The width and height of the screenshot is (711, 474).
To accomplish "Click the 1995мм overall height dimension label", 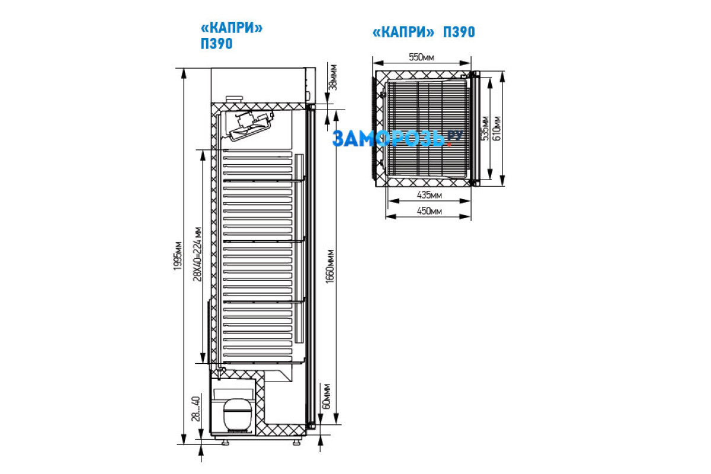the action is point(178,256).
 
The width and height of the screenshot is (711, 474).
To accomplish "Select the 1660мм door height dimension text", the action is point(330,267).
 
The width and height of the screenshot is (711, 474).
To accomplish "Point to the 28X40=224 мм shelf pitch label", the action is point(197,254).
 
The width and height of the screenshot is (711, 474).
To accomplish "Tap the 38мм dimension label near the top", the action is point(333,78).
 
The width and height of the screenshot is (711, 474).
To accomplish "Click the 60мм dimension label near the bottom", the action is point(326,397).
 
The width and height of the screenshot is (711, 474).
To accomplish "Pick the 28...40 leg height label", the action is point(196,409).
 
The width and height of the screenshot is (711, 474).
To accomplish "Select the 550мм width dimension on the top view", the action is point(421,57).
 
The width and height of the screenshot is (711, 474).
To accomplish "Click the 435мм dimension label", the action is point(429,195).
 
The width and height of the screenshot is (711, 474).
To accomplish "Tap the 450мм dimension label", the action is point(429,211).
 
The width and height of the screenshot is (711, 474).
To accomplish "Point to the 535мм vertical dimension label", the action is point(485,128).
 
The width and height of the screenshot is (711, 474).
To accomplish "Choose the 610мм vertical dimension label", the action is point(497,128).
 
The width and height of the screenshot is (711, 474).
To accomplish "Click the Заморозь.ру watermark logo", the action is point(398,139).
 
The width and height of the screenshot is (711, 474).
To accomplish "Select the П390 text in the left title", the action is point(216,43).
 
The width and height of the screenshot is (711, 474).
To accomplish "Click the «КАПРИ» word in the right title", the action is point(403,32).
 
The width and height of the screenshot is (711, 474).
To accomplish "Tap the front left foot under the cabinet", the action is point(225,442).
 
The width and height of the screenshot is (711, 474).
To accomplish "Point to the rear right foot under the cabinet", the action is point(297,442).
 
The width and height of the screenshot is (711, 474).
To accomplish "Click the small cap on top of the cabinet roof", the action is point(234,99).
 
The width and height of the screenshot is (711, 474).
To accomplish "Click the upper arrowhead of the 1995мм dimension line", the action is point(184,73).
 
